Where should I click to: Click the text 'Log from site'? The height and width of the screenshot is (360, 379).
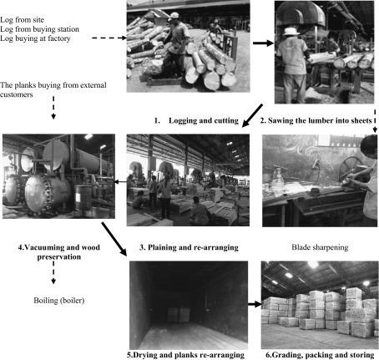(22, 20)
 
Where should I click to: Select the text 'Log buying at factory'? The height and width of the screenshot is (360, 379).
(35, 38)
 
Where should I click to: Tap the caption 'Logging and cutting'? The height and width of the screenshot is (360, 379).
(204, 120)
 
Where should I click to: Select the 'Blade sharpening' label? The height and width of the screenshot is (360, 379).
(320, 247)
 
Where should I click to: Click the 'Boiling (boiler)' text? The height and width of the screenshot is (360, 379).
(59, 301)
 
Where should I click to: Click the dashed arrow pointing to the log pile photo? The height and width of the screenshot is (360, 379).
(109, 38)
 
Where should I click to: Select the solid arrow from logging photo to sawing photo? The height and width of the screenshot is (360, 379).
(264, 43)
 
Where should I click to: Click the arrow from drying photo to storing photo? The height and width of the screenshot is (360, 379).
(255, 304)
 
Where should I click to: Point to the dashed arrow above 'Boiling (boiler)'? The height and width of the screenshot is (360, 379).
(53, 272)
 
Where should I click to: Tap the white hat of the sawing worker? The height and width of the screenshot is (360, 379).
(291, 31)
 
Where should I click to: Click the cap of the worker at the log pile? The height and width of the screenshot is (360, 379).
(174, 16)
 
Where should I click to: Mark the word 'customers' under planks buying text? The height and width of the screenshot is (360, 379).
(17, 94)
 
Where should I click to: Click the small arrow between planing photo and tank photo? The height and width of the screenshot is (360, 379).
(120, 182)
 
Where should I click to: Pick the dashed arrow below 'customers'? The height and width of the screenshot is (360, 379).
(53, 108)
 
